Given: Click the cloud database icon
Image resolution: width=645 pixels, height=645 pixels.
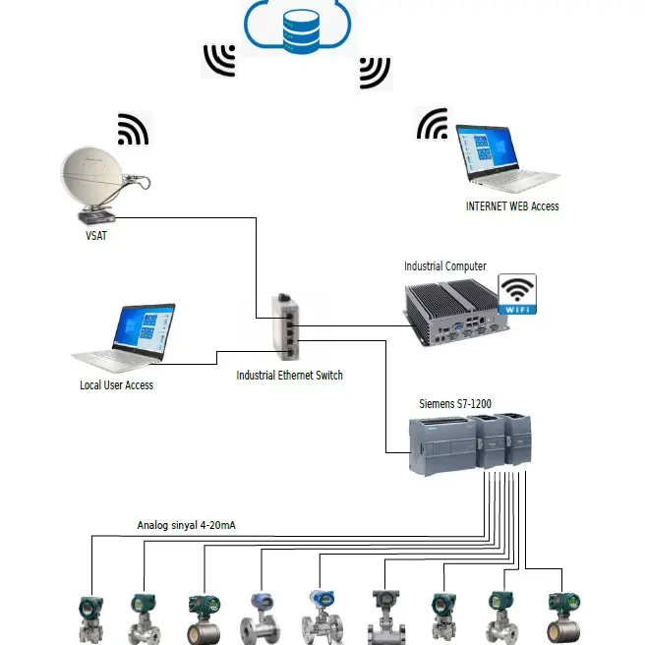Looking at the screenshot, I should tap(301, 26).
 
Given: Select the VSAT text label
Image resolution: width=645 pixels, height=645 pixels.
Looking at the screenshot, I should tap(95, 236).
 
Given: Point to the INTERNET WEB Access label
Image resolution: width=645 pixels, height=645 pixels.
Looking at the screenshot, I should tap(511, 206).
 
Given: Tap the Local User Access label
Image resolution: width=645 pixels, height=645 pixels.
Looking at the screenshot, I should tap(116, 385).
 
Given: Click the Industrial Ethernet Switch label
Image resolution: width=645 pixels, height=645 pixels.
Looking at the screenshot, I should tap(289, 376).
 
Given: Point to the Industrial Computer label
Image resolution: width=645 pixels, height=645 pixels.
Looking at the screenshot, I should tap(444, 266).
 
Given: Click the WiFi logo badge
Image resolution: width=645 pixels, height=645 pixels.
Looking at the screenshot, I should tap(517, 295).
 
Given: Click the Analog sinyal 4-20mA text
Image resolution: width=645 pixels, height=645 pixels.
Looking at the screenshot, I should tap(186, 526).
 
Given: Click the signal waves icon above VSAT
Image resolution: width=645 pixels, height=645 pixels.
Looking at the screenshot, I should tap(133, 128).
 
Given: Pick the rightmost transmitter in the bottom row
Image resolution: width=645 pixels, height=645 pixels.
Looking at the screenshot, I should tap(561, 616).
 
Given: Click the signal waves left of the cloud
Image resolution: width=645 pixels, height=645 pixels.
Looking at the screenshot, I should tap(219, 60).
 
